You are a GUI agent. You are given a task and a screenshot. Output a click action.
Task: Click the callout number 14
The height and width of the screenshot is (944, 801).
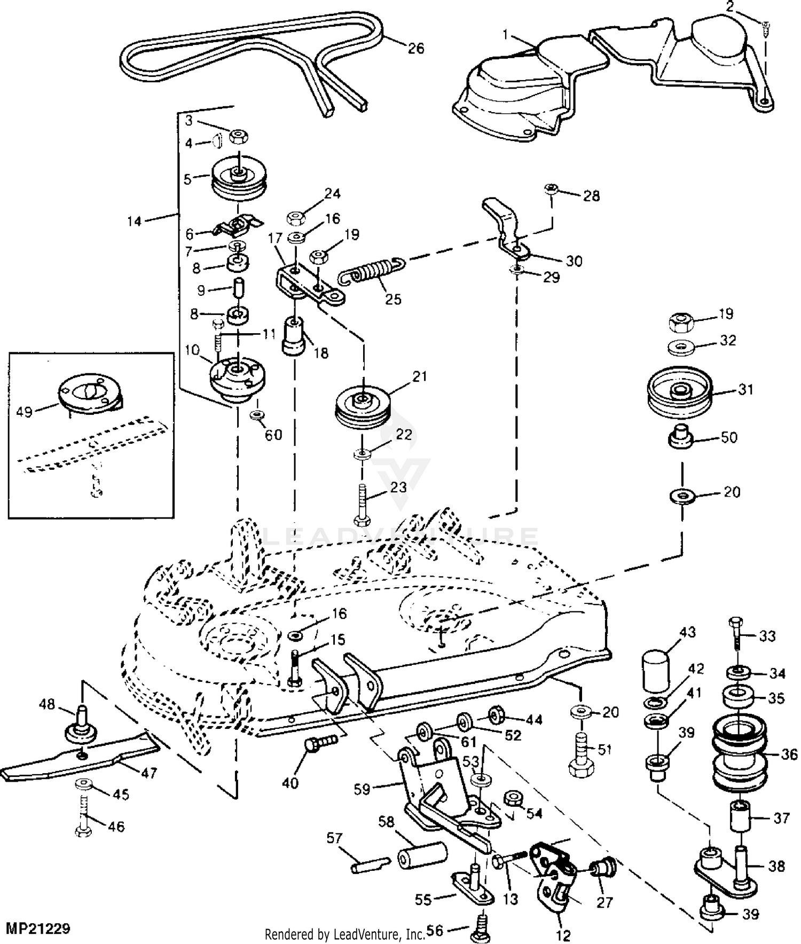point(134,221)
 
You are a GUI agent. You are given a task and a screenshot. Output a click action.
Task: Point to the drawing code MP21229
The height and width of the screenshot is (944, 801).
point(38,929)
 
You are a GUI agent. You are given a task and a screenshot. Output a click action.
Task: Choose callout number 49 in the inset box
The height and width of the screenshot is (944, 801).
point(25,412)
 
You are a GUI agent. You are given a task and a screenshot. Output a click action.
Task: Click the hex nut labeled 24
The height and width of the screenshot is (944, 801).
point(295,218)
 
